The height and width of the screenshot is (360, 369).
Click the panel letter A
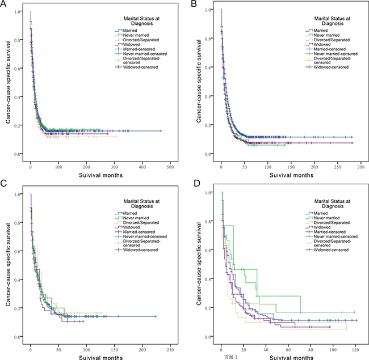click(x=4, y=5)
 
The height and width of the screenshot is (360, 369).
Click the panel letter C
click(x=4, y=185)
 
